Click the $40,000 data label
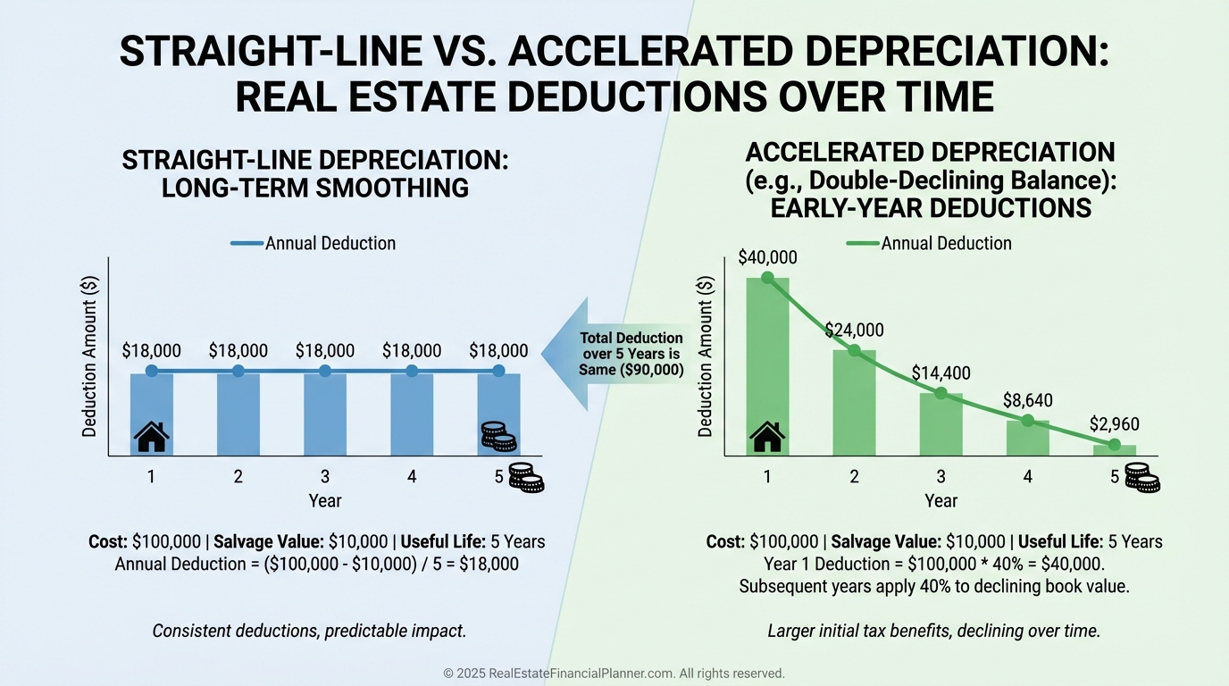tap(767, 257)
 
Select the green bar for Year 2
tap(854, 402)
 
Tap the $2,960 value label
tap(1114, 424)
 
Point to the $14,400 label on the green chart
tap(941, 373)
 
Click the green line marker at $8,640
tap(1027, 420)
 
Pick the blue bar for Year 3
tap(324, 414)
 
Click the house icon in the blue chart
tap(152, 437)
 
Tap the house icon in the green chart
tap(767, 437)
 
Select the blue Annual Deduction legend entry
tap(313, 243)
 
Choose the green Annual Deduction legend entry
tap(929, 243)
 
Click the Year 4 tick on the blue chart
tap(412, 477)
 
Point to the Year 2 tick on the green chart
tap(854, 477)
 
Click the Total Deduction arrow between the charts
tap(616, 355)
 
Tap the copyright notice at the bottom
tap(614, 673)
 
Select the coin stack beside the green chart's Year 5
tap(1141, 478)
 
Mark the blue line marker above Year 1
tap(152, 371)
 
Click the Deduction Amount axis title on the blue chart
tap(89, 356)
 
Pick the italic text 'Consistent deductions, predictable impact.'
tap(309, 631)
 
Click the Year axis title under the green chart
tap(941, 501)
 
